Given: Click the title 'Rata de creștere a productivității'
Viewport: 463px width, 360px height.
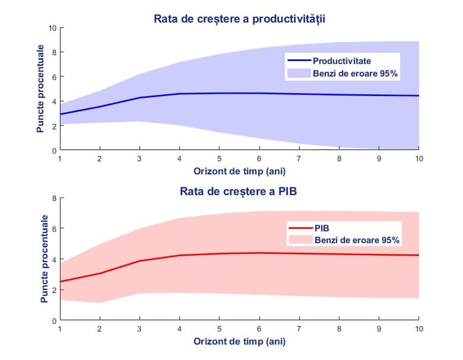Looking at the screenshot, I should tap(239, 19).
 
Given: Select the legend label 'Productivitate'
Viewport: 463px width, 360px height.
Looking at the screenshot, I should tap(341, 61).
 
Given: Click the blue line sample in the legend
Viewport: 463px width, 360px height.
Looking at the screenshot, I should tap(299, 61).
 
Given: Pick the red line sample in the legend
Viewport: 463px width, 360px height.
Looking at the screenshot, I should tap(301, 229).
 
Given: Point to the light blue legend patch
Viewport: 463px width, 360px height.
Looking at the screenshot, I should tap(299, 73).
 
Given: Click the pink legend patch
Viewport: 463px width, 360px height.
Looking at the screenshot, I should tap(301, 240).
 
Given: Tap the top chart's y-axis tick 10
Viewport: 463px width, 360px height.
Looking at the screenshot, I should tap(52, 28).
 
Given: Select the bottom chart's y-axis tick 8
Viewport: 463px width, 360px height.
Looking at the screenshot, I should tap(54, 199).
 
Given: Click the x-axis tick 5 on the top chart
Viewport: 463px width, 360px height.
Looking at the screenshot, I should tap(219, 159).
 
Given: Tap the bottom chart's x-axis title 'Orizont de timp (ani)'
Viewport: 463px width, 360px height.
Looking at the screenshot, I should tap(239, 341).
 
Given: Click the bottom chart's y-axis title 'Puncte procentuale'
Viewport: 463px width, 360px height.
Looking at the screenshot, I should tap(44, 259).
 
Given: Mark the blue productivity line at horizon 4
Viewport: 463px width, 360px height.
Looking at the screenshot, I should tap(179, 94).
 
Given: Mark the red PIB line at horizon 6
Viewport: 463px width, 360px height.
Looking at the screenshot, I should tap(259, 253).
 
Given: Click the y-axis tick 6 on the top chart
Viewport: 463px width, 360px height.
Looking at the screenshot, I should tap(54, 77).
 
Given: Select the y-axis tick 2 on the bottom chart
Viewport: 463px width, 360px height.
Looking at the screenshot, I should tap(54, 290).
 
